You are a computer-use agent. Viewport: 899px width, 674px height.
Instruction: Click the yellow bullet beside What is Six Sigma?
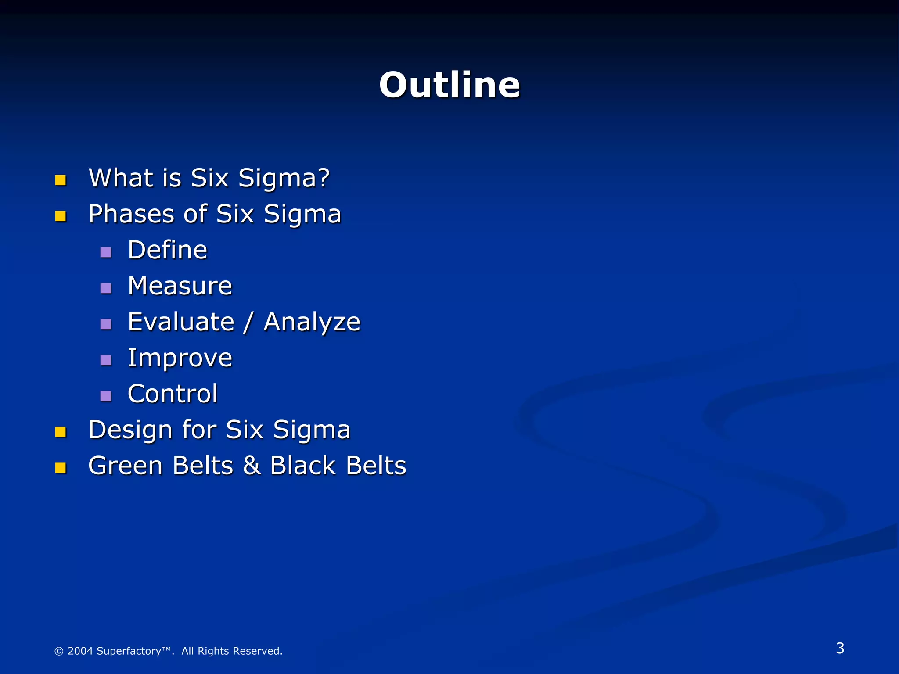tap(61, 180)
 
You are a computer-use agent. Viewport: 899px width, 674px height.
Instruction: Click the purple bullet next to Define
tap(106, 252)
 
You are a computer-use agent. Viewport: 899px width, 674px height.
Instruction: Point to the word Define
tap(167, 250)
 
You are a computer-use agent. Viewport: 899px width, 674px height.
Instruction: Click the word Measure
tap(180, 286)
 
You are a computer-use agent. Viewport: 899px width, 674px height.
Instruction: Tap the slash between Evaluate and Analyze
tap(248, 323)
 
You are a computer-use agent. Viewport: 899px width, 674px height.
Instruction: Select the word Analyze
tap(312, 323)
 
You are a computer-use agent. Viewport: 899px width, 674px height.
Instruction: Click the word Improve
tap(180, 358)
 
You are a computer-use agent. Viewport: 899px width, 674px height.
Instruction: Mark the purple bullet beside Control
tap(106, 396)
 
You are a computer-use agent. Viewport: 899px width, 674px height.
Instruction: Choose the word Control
tap(173, 394)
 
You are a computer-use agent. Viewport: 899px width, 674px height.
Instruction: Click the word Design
tap(129, 430)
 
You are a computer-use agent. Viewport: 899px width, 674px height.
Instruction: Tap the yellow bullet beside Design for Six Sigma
tap(61, 432)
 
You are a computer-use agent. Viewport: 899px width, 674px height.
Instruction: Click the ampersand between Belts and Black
tap(252, 466)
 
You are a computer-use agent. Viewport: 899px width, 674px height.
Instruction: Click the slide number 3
tap(840, 648)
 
